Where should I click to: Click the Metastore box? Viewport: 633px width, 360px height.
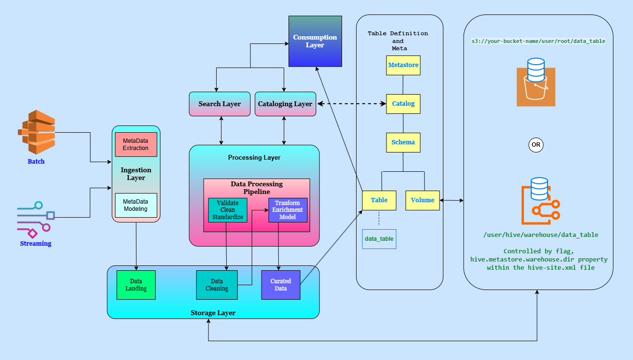(403, 65)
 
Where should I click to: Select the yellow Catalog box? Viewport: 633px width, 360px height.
(403, 104)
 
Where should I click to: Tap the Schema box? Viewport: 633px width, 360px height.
(403, 142)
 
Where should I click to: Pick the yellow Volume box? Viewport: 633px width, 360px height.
(423, 200)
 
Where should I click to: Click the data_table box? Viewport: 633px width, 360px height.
(379, 239)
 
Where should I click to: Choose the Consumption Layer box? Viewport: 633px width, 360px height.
(315, 41)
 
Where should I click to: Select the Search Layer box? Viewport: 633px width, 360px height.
(220, 104)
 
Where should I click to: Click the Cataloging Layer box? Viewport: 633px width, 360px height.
(285, 104)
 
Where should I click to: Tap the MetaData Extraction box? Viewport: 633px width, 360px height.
(136, 144)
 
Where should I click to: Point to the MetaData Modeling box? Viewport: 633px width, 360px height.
(136, 205)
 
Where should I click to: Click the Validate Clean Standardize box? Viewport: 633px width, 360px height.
(228, 210)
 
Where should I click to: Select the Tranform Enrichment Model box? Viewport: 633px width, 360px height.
(288, 210)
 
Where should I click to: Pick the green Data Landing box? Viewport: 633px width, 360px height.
(136, 285)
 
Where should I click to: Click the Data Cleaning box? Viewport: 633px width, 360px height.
(217, 285)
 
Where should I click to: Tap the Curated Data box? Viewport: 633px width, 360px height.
(281, 285)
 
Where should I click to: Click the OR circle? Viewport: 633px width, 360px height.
(536, 145)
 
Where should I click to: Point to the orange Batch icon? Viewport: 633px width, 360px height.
(37, 132)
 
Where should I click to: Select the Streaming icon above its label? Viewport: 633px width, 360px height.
(36, 219)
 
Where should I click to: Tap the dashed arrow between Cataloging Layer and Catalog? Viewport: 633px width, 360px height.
(351, 104)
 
